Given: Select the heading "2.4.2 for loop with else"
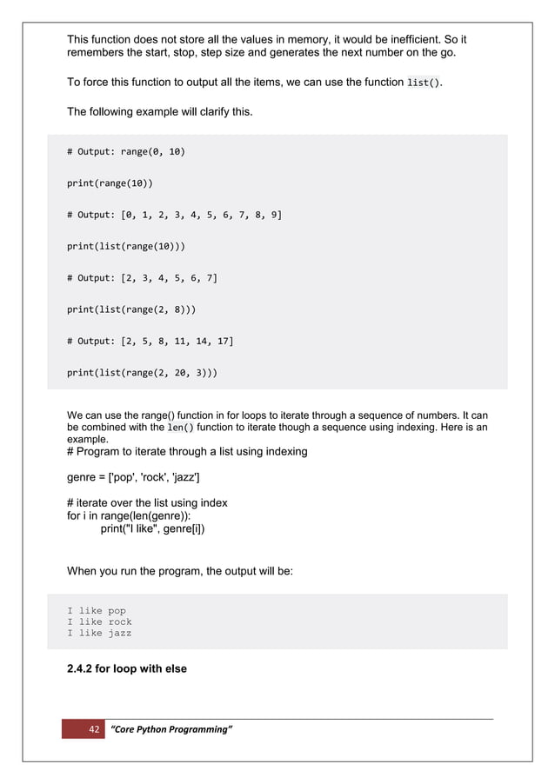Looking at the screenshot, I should pos(127,669).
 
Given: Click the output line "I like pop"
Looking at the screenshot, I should pos(97,611).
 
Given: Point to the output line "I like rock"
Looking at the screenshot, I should pos(99,622).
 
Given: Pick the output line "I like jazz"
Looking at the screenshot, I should pos(99,634).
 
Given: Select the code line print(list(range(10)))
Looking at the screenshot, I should pos(126,246).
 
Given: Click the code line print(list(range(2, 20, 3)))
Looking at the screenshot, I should pos(143,373).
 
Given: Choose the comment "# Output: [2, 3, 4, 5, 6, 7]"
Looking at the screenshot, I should pos(142,278).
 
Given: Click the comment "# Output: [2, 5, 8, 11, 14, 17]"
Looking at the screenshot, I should pos(150,342).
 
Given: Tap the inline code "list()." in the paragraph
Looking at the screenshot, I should pos(424,83).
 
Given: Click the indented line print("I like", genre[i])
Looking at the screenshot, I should pos(153,528).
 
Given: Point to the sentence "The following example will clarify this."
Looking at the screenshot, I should pos(160,111).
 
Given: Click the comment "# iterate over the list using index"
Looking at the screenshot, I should pos(147,503).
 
